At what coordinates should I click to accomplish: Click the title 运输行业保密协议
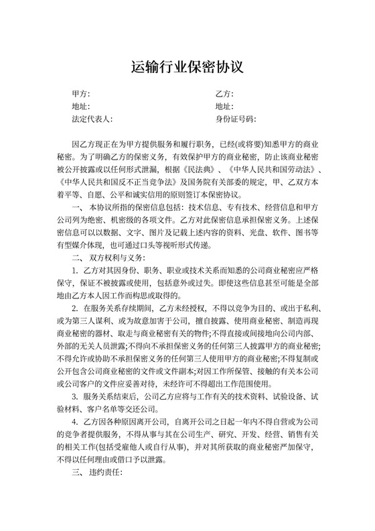[x=187, y=67]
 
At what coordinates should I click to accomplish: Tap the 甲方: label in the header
[x=80, y=94]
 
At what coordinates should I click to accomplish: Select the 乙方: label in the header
[x=224, y=94]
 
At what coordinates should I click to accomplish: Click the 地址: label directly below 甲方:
[x=80, y=107]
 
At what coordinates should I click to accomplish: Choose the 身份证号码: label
[x=236, y=119]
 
